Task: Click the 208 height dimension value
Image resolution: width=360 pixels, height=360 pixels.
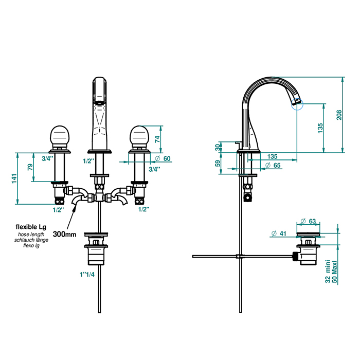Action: click(339, 115)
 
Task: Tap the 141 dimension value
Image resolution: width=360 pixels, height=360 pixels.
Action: click(14, 178)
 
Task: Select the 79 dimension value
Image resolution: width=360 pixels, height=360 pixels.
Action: click(30, 167)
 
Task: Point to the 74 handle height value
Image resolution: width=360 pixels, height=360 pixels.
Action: click(157, 139)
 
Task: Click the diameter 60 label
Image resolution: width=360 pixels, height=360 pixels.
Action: click(163, 158)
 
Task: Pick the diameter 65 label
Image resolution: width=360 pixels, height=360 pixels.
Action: click(273, 165)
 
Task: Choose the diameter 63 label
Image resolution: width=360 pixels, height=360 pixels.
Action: click(308, 221)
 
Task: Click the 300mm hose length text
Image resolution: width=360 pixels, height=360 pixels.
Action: click(64, 234)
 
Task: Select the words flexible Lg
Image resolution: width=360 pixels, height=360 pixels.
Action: click(31, 227)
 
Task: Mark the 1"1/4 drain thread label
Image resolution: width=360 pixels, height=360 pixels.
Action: click(87, 274)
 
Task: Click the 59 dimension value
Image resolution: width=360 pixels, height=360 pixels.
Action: click(218, 163)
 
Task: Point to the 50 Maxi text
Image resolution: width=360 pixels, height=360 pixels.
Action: click(334, 272)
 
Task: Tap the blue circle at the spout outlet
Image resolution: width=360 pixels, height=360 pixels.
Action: click(297, 104)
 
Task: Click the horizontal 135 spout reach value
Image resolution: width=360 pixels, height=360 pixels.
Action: click(272, 156)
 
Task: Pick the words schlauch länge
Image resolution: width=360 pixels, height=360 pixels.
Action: click(31, 240)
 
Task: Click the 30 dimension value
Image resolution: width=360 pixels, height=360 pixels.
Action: click(218, 147)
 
